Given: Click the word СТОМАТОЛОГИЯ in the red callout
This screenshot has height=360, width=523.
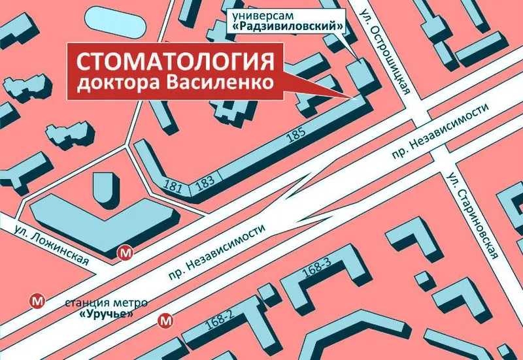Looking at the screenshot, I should (x=175, y=63).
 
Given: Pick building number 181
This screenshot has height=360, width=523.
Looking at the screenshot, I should (x=175, y=188).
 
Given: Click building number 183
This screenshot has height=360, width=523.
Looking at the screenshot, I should (x=205, y=182).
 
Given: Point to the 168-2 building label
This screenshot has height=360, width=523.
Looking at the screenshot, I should (x=220, y=323).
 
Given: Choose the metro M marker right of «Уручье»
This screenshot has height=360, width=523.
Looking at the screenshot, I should (x=166, y=320).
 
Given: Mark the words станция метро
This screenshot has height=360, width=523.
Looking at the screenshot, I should (x=107, y=303).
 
